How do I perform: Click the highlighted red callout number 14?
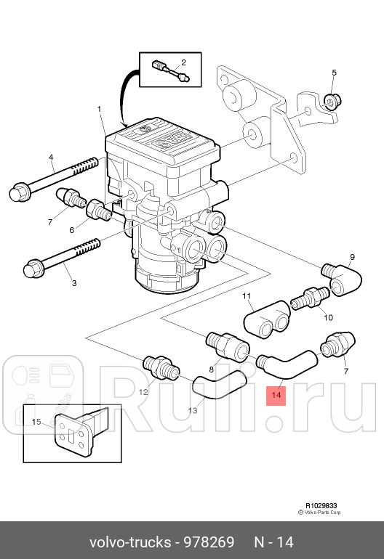point(276,396)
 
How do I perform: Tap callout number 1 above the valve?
point(100,110)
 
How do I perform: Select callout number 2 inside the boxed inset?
point(183,62)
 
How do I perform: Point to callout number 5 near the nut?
point(334,73)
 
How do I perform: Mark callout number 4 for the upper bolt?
point(52,158)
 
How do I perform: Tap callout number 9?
point(352,258)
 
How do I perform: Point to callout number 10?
point(328,317)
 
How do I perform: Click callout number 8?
point(212,370)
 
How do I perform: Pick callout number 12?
point(143,392)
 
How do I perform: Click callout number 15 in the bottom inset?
point(36,422)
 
